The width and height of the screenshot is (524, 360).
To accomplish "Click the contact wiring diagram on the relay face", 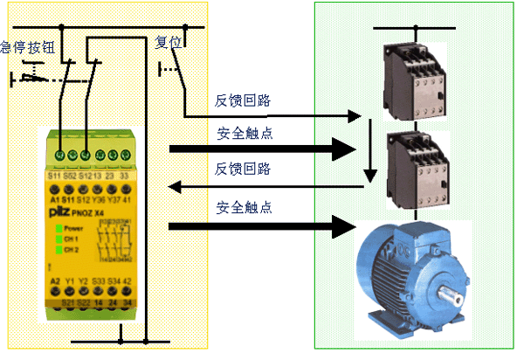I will point(116,239).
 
